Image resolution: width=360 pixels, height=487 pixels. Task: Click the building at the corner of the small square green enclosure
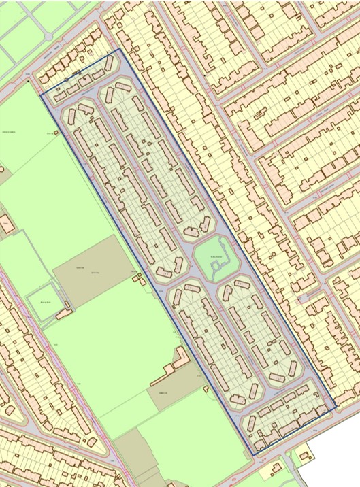click(65, 314)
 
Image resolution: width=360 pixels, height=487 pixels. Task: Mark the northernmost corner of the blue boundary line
click(119, 49)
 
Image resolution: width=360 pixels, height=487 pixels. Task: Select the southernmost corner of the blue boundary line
click(252, 454)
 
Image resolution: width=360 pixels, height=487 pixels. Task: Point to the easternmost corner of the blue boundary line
click(336, 409)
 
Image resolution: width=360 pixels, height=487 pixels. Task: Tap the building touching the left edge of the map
click(5, 225)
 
